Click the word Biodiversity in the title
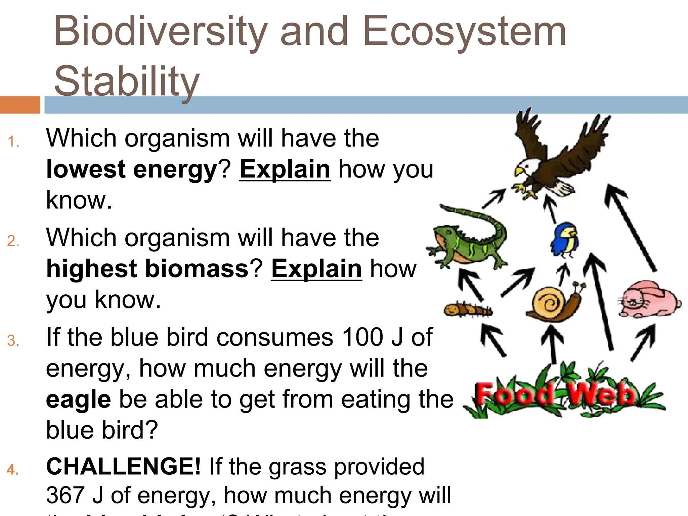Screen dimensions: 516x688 click(x=161, y=32)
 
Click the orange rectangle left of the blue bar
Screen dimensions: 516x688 click(x=20, y=105)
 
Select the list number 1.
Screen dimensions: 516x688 click(x=13, y=142)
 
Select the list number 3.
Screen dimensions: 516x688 click(x=13, y=341)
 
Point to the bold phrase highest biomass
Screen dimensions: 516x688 click(x=147, y=269)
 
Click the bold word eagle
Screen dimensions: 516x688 click(x=78, y=399)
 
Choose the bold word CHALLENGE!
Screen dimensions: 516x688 click(x=123, y=467)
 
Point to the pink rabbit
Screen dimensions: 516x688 click(x=648, y=301)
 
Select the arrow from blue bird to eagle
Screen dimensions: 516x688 click(x=550, y=208)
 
